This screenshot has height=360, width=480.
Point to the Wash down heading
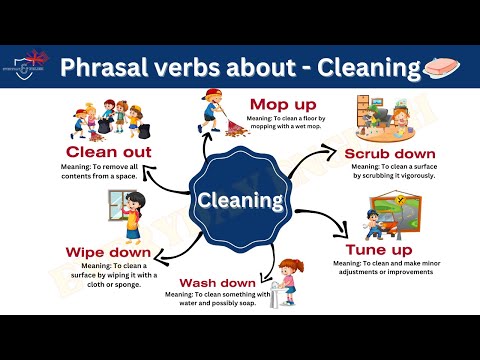[x=217, y=282]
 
